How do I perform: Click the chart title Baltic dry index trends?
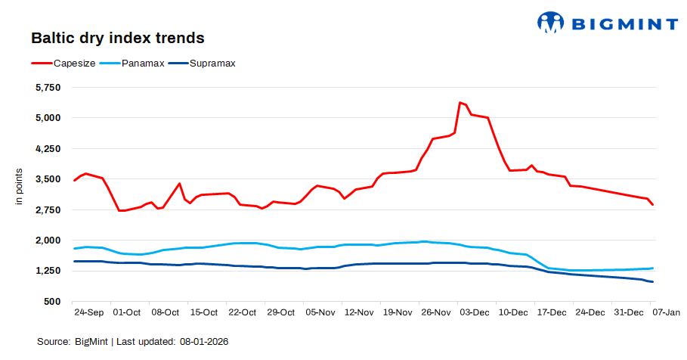(117, 37)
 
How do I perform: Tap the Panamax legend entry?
(143, 63)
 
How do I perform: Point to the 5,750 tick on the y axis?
(48, 87)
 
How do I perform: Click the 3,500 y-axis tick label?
(48, 179)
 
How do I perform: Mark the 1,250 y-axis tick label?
(48, 271)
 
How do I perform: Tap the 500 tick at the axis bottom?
(52, 301)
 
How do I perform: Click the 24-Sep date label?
(88, 312)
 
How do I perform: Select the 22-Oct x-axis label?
(242, 312)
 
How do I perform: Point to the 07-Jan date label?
(667, 312)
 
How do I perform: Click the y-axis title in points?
(20, 189)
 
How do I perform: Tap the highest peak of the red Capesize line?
(460, 102)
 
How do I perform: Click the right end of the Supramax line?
(652, 282)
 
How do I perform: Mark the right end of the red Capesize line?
(652, 205)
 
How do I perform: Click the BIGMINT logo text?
(624, 23)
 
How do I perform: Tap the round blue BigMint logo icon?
(551, 23)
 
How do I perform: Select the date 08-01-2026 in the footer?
(204, 342)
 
